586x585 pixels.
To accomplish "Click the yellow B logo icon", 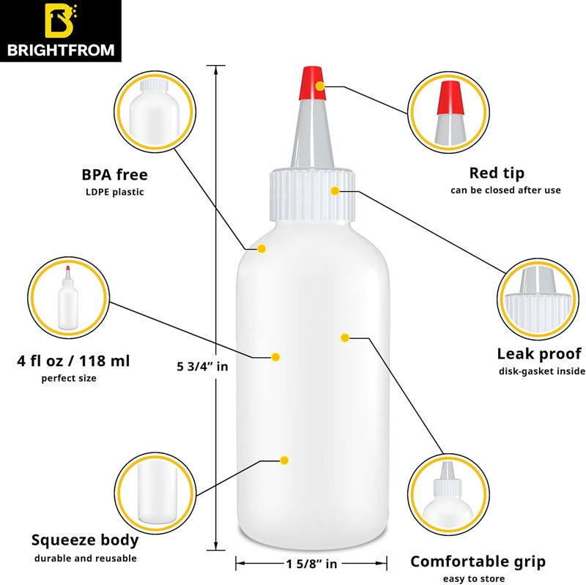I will [x=62, y=21].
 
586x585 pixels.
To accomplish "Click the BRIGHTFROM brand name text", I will [x=62, y=51].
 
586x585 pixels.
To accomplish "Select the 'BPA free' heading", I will [x=114, y=175].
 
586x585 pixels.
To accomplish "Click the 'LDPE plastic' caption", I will [x=114, y=192].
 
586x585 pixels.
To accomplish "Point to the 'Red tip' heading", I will [x=497, y=174].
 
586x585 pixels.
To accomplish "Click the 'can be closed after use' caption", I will [x=505, y=190].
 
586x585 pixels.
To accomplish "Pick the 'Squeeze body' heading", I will [x=85, y=541].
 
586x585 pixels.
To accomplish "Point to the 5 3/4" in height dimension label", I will [x=203, y=366].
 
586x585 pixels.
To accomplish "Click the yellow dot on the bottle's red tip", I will [x=320, y=86].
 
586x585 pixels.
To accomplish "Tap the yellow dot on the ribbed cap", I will [x=335, y=191].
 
